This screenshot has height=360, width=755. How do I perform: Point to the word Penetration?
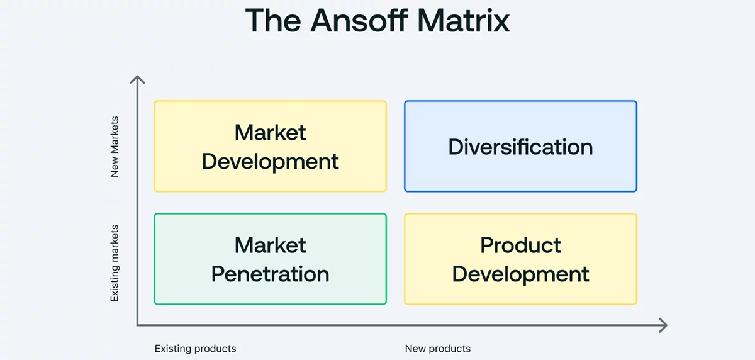[270, 274]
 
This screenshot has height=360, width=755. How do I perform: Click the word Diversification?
[520, 147]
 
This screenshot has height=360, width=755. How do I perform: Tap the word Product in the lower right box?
[520, 245]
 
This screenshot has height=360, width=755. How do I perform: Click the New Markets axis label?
[115, 147]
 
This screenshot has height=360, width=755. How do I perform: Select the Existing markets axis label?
[115, 263]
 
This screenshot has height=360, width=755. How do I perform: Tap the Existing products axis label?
[196, 349]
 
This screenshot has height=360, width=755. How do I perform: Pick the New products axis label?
[437, 349]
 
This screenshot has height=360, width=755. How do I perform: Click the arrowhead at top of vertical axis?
[137, 79]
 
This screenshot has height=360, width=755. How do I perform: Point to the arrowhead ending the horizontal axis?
[663, 325]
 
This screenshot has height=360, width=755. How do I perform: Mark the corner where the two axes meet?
[137, 325]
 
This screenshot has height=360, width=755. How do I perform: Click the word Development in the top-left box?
[270, 161]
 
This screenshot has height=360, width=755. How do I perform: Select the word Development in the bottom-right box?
[520, 274]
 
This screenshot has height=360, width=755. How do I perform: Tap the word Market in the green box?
[270, 245]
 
